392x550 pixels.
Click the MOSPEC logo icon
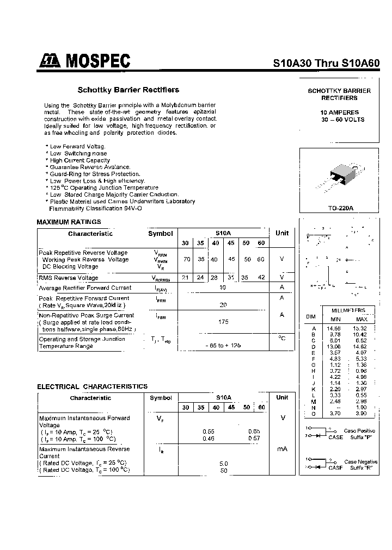50,62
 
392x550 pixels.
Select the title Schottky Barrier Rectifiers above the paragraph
128,90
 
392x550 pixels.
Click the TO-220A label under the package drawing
341,208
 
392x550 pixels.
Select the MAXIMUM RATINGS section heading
69,222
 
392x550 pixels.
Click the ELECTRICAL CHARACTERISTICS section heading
92,386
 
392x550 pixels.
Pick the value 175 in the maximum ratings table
223,322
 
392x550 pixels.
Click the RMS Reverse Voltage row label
69,278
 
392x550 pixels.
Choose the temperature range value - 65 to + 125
223,345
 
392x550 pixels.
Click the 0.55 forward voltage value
208,432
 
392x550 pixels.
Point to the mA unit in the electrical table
282,449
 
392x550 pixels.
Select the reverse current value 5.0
223,464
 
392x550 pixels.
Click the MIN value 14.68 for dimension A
334,329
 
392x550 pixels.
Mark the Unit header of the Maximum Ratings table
282,233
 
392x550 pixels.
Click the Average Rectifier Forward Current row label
85,288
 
